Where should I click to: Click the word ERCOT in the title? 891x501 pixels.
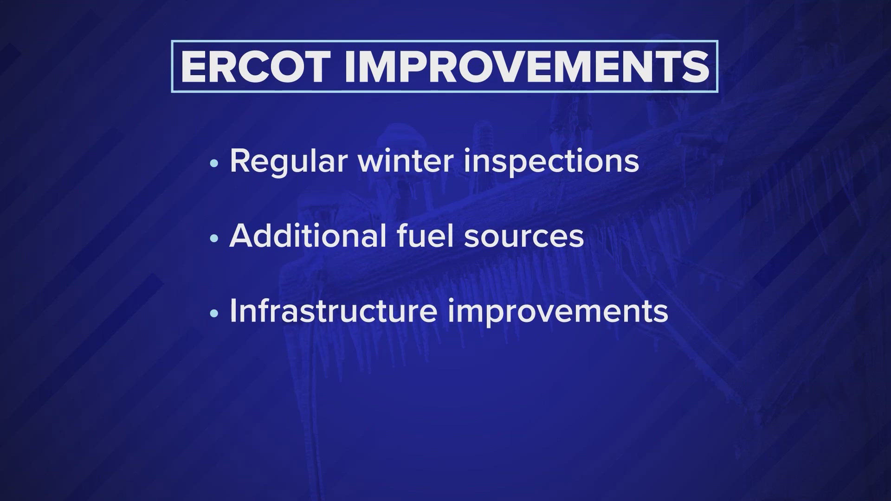click(256, 66)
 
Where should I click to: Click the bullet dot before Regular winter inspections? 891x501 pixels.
click(213, 163)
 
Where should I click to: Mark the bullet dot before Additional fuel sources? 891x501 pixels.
click(213, 238)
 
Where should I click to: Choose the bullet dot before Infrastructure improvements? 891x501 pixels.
click(213, 314)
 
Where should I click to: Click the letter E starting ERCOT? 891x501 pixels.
click(193, 66)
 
